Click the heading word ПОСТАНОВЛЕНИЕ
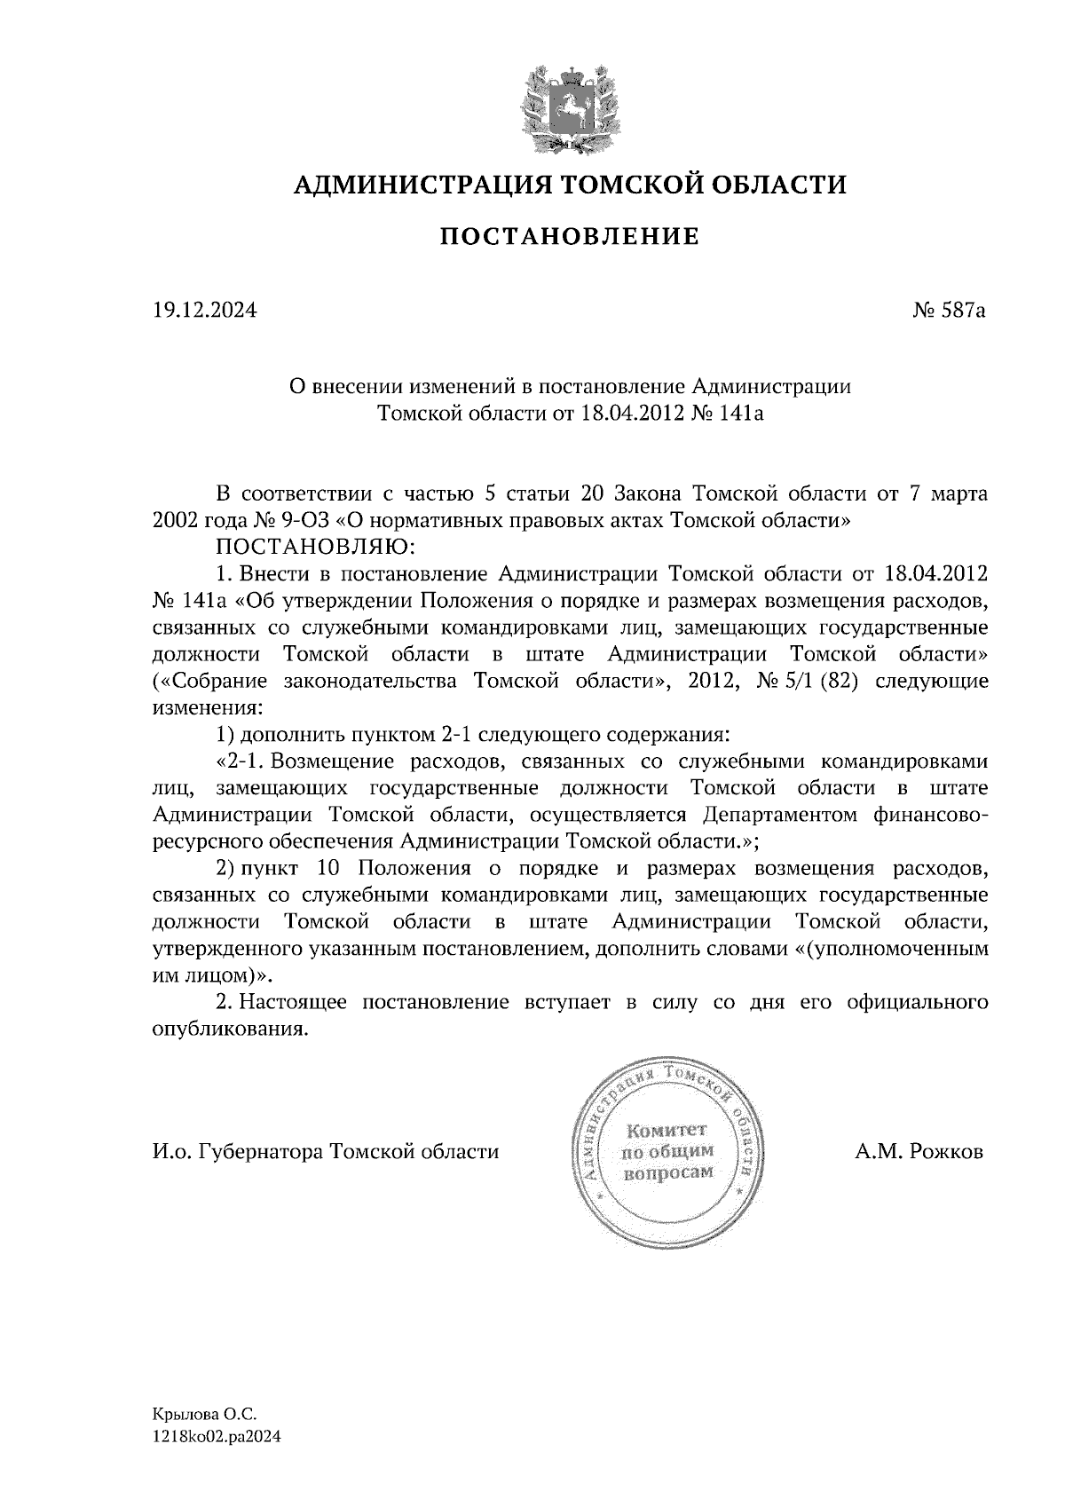click(570, 237)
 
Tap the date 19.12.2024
click(204, 312)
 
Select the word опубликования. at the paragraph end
click(232, 1030)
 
